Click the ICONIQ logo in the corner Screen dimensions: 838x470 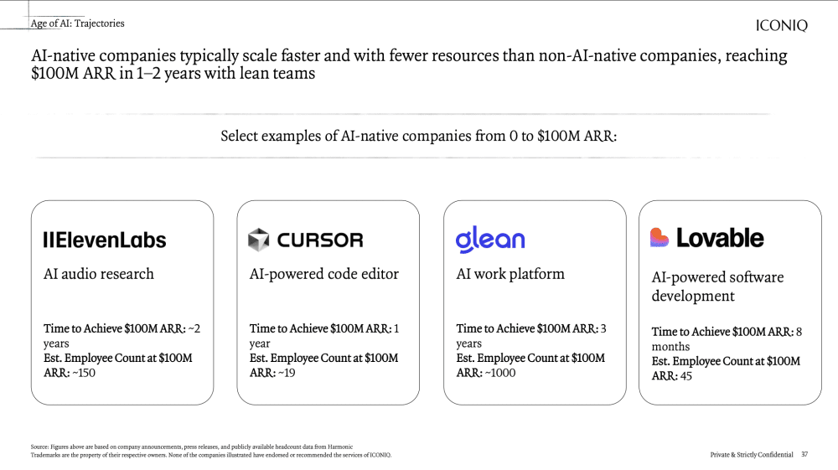(x=781, y=25)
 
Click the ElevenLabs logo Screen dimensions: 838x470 (x=105, y=240)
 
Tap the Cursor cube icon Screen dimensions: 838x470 (x=259, y=240)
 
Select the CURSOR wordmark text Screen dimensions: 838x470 (x=320, y=240)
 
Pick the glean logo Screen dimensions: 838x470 (x=490, y=240)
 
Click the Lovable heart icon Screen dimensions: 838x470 (x=660, y=237)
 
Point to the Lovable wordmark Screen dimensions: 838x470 (x=720, y=238)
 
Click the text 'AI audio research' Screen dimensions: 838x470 (x=99, y=274)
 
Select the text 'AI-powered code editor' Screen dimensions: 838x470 (x=323, y=274)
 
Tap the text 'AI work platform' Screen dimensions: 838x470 (x=510, y=274)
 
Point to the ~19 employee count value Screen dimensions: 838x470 (x=287, y=373)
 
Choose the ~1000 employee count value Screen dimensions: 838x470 (x=500, y=373)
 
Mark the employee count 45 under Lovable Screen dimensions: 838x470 (x=685, y=376)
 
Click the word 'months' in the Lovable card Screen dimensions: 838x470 (x=670, y=347)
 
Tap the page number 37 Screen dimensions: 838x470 (x=804, y=455)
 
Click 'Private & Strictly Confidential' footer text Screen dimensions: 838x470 (x=752, y=455)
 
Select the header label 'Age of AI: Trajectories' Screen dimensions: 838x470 (x=77, y=23)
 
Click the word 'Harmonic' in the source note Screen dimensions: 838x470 (x=340, y=447)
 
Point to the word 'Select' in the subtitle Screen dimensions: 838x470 (x=240, y=137)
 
